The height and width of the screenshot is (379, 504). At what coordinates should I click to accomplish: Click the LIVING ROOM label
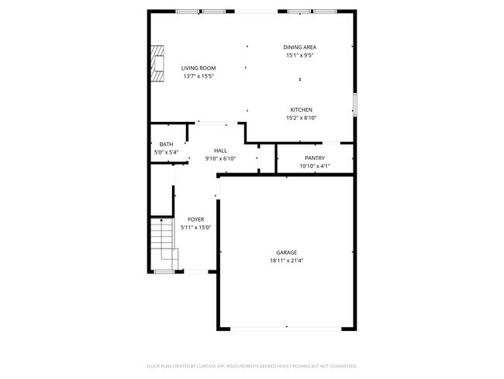(198, 68)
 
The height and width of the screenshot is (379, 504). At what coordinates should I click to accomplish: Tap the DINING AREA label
(300, 47)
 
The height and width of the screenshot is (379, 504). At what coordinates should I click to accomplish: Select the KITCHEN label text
(302, 110)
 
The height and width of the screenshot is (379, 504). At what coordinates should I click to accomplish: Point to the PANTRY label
(315, 158)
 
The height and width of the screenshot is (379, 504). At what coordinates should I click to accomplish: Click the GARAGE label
(287, 252)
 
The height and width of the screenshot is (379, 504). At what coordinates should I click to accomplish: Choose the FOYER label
(195, 220)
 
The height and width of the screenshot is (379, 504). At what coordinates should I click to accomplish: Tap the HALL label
(220, 151)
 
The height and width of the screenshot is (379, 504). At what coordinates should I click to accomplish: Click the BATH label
(166, 144)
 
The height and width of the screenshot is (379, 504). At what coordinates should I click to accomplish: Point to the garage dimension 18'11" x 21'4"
(287, 261)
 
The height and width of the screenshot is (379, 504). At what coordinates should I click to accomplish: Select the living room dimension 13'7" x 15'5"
(198, 76)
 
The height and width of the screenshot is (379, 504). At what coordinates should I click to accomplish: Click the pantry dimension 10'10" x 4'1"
(315, 165)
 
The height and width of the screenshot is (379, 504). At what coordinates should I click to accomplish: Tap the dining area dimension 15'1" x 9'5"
(300, 55)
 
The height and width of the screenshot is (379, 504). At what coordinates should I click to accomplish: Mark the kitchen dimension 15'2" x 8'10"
(302, 117)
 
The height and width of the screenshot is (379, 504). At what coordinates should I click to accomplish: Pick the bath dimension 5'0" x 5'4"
(166, 152)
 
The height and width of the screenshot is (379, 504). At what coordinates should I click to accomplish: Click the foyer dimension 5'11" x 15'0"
(195, 228)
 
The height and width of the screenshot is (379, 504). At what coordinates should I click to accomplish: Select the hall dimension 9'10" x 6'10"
(220, 158)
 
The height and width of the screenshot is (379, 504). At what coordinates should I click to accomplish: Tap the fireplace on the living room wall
(158, 63)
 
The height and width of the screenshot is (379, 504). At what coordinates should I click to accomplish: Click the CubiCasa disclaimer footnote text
(252, 366)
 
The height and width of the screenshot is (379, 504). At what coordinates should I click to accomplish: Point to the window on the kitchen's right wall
(355, 104)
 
